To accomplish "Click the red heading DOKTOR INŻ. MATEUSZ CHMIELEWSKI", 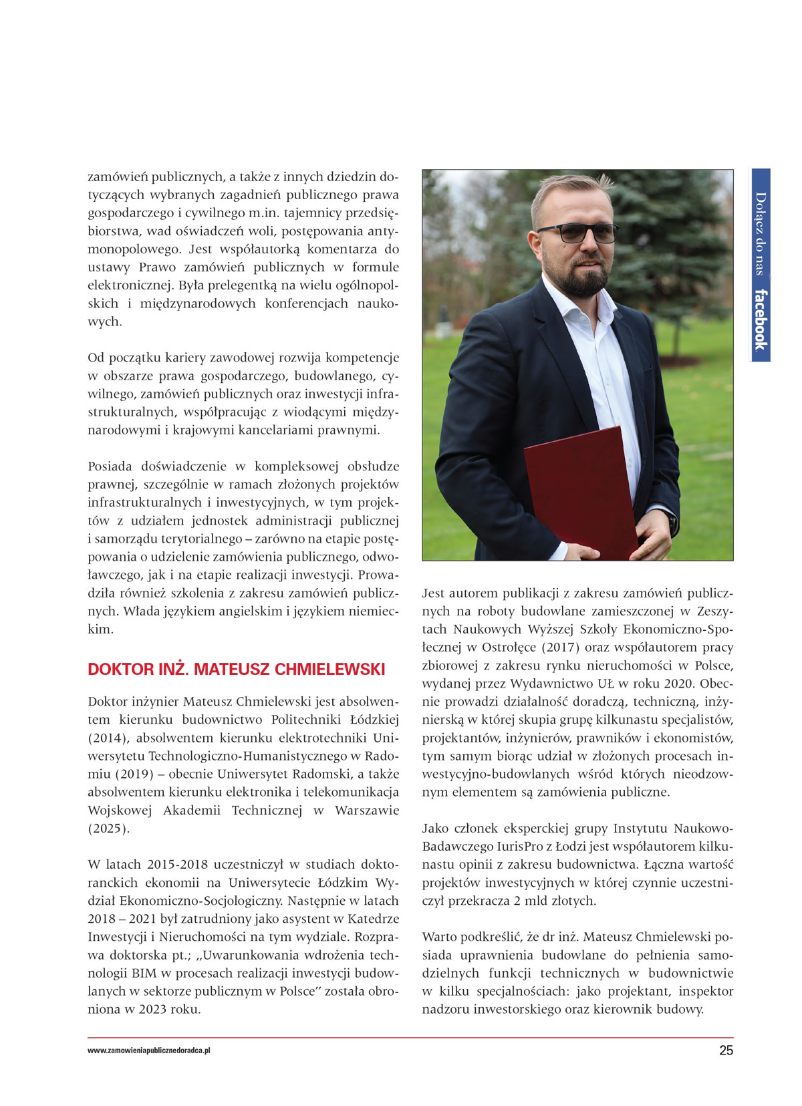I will pos(236,669).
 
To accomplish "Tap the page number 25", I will pos(726,1051).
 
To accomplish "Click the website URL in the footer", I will pos(149,1051).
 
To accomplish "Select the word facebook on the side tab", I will pos(760,319).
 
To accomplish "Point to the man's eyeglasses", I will pos(577,233).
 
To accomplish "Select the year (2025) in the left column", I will pos(108,828).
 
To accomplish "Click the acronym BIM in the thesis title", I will pos(144,973).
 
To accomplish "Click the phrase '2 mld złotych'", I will pos(554,900).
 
